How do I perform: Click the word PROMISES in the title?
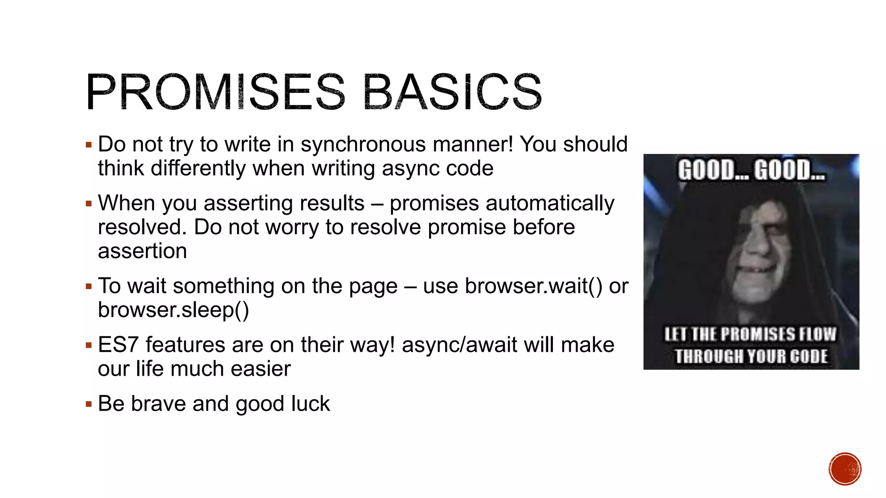point(215,92)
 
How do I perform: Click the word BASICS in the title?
point(453,92)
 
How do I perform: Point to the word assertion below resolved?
point(142,251)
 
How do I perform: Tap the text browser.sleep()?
point(173,310)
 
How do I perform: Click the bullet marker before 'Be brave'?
point(89,405)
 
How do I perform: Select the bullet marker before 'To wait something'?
point(89,287)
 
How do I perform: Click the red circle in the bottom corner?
point(845,469)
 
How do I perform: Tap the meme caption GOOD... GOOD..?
point(751,170)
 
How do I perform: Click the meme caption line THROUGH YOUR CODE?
point(751,357)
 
